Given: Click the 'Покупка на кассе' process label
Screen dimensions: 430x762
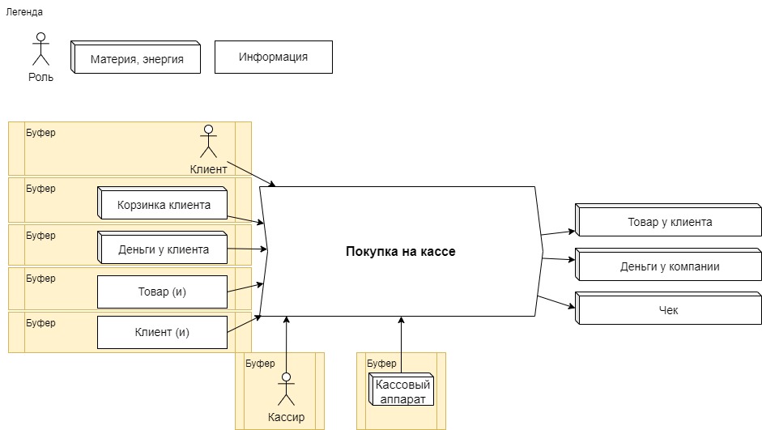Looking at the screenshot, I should coord(401,252).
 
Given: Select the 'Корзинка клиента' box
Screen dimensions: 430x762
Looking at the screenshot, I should coord(163,204).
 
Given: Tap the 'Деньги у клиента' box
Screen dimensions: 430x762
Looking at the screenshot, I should coord(163,249).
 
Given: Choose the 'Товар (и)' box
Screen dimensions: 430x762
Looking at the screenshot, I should coord(162,292).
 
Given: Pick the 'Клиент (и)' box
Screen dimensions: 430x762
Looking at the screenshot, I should coord(162,332).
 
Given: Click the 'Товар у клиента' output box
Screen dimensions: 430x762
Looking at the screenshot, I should coord(669,221).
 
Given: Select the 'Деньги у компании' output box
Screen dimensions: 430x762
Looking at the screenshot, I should coord(669,266).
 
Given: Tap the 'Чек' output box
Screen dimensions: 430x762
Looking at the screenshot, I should coord(669,309).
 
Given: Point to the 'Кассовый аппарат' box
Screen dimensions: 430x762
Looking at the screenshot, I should coord(402,390).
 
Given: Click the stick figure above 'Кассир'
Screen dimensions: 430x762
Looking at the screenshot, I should coord(285,388).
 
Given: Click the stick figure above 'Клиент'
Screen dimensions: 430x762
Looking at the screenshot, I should coord(208,141).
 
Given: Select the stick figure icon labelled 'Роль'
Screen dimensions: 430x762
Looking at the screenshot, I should coord(40,49).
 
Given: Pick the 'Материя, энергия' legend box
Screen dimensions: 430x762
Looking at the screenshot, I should coord(136,58).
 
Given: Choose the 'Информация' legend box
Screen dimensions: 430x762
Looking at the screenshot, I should coord(273,57).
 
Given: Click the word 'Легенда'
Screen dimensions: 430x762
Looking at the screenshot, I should coord(24,12).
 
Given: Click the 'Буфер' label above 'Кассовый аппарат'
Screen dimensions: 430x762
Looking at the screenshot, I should coord(381,364).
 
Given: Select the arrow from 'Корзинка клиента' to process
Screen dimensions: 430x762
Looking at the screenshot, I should coord(245,219).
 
